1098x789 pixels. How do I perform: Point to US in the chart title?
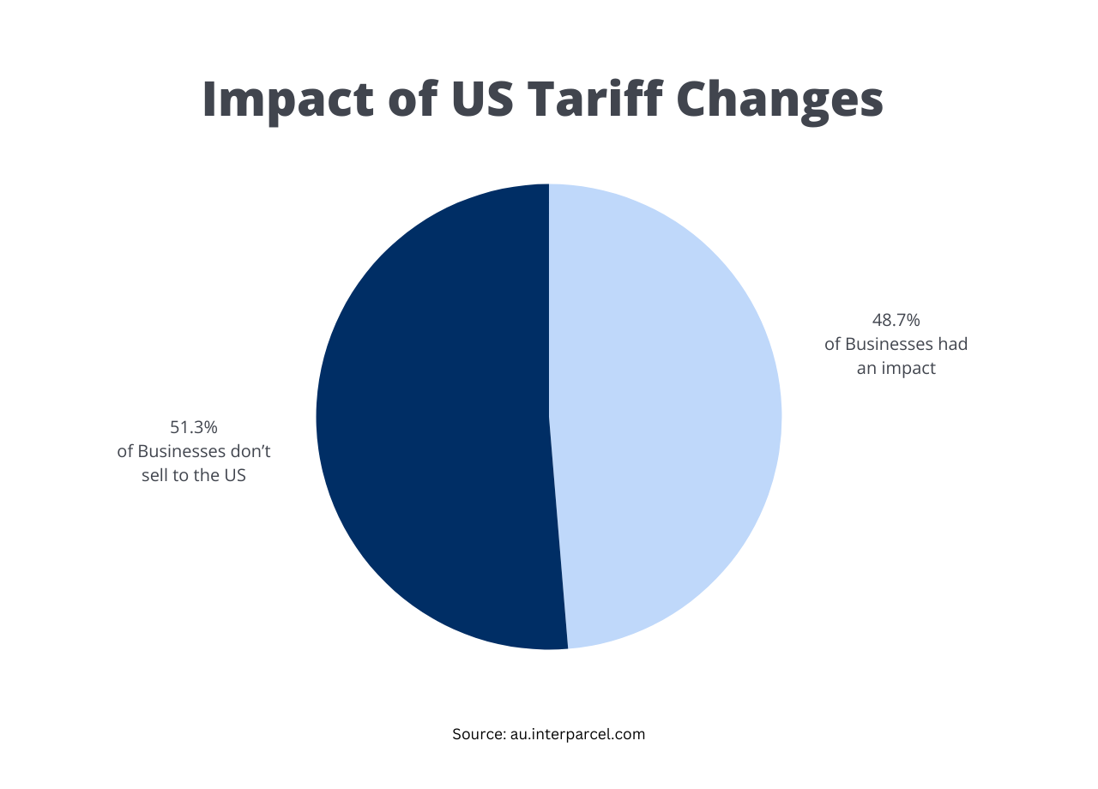[482, 100]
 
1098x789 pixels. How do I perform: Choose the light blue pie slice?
[669, 412]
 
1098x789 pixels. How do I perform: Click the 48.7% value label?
[896, 321]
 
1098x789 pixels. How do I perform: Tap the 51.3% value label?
[194, 427]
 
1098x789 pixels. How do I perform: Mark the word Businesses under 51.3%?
[184, 451]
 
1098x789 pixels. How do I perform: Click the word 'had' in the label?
[953, 345]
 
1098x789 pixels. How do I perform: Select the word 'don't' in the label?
[251, 451]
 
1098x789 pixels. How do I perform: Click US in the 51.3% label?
[235, 475]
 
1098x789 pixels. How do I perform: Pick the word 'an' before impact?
[866, 369]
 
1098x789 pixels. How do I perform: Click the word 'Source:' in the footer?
[478, 734]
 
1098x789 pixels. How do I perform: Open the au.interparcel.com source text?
[576, 734]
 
